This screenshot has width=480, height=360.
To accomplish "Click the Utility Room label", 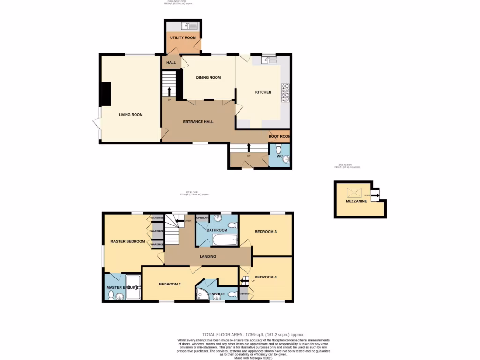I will coord(183,37).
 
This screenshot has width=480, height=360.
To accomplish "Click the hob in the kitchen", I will coord(285,93).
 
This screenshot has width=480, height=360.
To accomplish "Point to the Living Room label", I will coord(130,115).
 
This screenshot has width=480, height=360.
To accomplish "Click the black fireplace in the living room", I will coord(105,94).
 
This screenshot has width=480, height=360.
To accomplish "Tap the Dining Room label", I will coord(208,78).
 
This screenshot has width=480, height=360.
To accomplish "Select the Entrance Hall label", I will coord(198,122).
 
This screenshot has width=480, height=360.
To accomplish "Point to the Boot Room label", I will coord(279,137).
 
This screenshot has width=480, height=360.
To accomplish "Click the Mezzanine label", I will coord(356,201).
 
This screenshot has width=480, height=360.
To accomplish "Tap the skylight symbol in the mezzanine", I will coord(354,192).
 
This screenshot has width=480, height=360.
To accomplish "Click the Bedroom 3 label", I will coord(265,232).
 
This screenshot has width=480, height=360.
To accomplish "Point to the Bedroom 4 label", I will coord(265,277).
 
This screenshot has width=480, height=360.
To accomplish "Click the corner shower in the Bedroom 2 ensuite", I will coord(202,294).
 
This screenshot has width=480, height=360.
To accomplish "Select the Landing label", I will coord(208,257).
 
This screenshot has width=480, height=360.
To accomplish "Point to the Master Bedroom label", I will coord(127,242).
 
